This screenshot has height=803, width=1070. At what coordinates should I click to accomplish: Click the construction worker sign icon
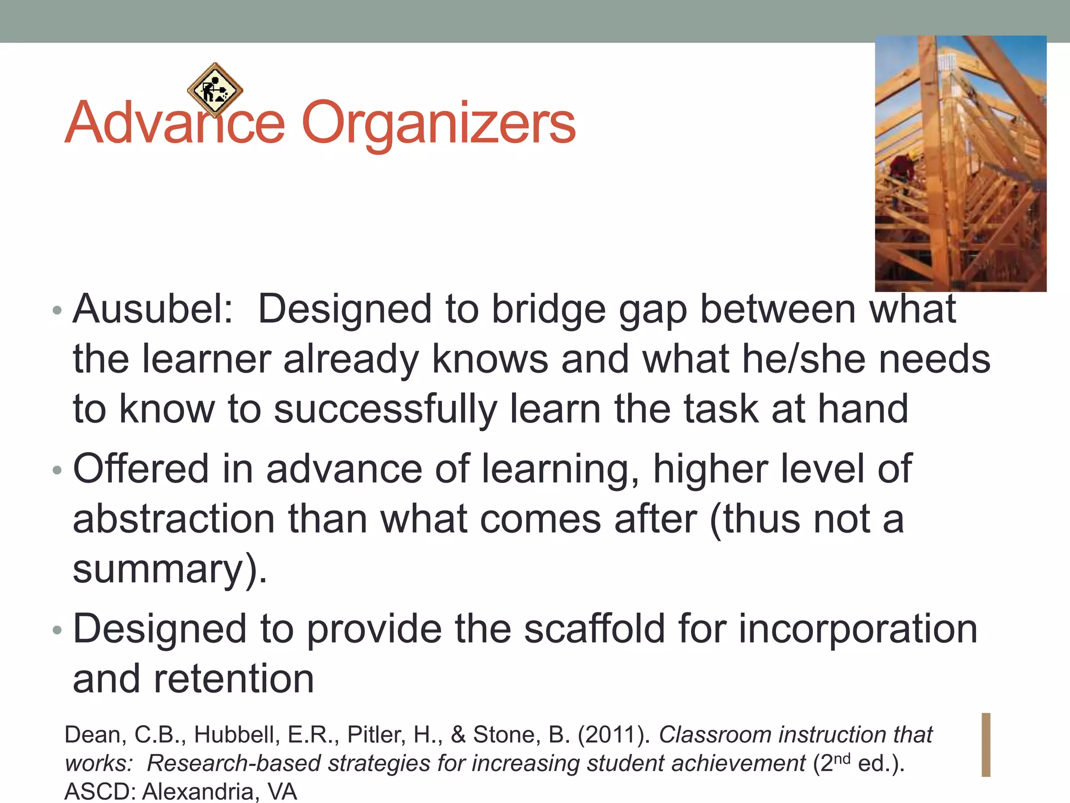(215, 90)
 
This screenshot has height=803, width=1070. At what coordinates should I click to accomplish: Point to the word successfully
(386, 409)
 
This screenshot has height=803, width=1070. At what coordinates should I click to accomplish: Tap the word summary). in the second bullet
(170, 569)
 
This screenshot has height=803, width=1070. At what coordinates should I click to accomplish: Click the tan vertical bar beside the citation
(986, 744)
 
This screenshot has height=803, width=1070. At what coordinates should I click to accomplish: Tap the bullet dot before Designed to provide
(57, 630)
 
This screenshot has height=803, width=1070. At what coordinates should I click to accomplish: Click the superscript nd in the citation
(842, 759)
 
